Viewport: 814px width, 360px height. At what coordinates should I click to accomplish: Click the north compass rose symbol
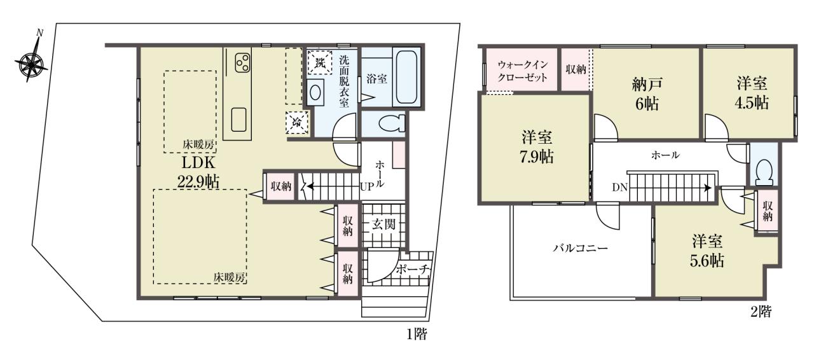point(31,62)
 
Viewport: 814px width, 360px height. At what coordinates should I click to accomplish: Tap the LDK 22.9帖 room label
point(198,171)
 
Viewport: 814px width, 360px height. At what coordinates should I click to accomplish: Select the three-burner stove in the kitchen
point(242,62)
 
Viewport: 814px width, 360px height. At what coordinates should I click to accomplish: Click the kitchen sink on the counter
point(240,119)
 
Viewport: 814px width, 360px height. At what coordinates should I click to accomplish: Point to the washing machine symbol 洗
point(320,62)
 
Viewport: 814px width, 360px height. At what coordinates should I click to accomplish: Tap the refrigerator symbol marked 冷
point(297,123)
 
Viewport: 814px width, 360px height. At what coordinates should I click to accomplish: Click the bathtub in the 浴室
point(406,77)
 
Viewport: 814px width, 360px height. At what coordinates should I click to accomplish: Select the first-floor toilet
point(392,123)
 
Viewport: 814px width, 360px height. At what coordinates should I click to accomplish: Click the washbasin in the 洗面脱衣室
point(314,92)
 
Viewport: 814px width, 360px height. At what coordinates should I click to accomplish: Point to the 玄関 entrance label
point(383,224)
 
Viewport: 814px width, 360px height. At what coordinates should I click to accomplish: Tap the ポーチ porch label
point(413,270)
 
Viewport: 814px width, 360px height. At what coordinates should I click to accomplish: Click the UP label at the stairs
point(367,186)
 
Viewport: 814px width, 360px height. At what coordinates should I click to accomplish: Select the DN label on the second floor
point(619,187)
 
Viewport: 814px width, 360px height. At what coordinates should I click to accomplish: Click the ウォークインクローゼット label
point(523,71)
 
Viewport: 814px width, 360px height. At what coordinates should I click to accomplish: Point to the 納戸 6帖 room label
point(647,94)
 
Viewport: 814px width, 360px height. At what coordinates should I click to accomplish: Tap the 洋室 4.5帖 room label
point(752,93)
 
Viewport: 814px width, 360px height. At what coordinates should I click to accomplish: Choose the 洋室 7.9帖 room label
point(537,148)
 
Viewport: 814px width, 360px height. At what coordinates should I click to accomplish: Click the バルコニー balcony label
point(581,249)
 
